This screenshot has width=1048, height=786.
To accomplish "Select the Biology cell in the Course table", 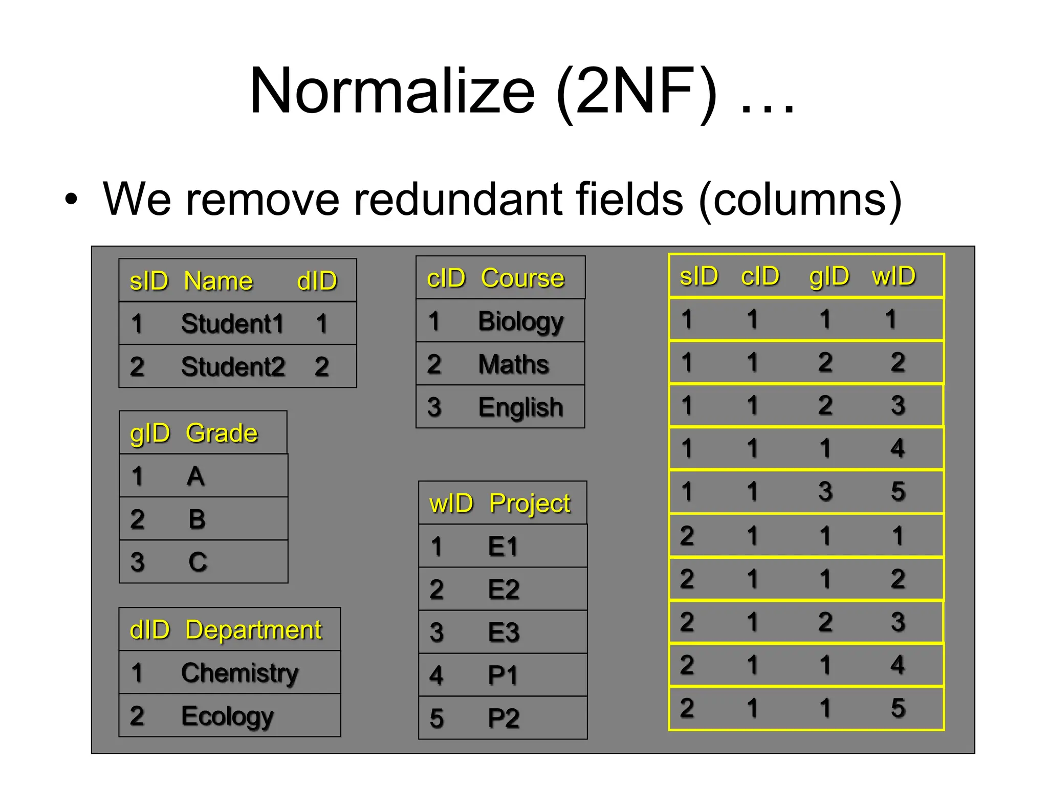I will pyautogui.click(x=520, y=322).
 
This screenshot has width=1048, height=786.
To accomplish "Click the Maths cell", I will pyautogui.click(x=513, y=365).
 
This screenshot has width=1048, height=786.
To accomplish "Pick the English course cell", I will pyautogui.click(x=520, y=408).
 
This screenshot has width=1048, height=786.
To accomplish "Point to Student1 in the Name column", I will pyautogui.click(x=232, y=324).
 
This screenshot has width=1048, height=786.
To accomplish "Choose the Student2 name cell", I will pyautogui.click(x=233, y=367).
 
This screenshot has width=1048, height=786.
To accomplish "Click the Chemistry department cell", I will pyautogui.click(x=239, y=673).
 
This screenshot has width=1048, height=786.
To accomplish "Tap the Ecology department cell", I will pyautogui.click(x=227, y=716).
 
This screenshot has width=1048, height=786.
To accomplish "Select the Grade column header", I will pyautogui.click(x=222, y=433).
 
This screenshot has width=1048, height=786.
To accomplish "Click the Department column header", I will pyautogui.click(x=253, y=630).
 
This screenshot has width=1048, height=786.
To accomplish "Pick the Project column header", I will pyautogui.click(x=530, y=504).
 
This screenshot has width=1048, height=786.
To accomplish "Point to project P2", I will pyautogui.click(x=504, y=718).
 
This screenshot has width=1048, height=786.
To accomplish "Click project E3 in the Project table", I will pyautogui.click(x=504, y=632).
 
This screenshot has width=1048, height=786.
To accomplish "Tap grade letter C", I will pyautogui.click(x=198, y=562).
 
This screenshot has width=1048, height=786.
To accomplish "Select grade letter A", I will pyautogui.click(x=195, y=476).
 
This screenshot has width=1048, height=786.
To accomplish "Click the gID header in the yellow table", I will pyautogui.click(x=829, y=277).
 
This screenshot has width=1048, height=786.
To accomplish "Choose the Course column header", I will pyautogui.click(x=522, y=278).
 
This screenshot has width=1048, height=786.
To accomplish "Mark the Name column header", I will pyautogui.click(x=218, y=281).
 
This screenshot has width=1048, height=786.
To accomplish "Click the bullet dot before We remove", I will pyautogui.click(x=72, y=200).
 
